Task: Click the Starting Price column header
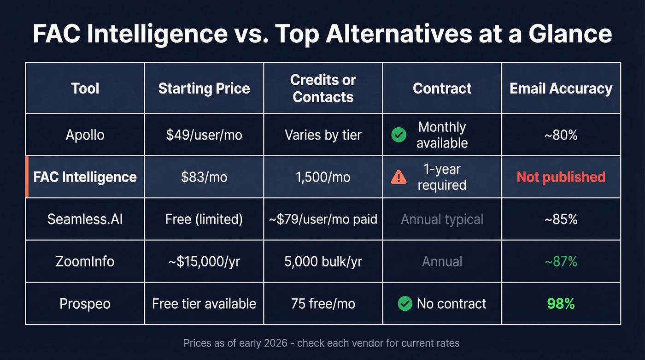[x=204, y=89]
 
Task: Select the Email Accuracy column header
[x=561, y=89]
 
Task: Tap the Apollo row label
[x=85, y=135]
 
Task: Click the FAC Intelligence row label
[x=85, y=177]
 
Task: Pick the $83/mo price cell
[x=204, y=177]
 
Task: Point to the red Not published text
[x=561, y=177]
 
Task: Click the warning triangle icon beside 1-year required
[x=399, y=177]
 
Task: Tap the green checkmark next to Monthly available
[x=399, y=135]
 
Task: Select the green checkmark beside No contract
[x=405, y=304]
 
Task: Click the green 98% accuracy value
[x=561, y=304]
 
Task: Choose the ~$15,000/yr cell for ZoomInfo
[x=204, y=261]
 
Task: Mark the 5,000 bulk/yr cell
[x=323, y=261]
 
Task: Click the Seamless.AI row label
[x=85, y=219]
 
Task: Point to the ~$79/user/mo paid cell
[x=323, y=219]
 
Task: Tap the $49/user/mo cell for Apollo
[x=204, y=135]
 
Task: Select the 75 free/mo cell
[x=323, y=304]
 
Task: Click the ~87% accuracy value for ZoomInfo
[x=561, y=261]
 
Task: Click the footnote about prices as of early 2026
[x=322, y=343]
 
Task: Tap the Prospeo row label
[x=85, y=304]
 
